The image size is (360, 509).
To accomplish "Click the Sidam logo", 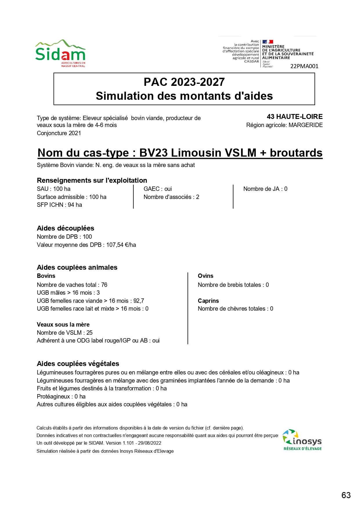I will (x=60, y=53).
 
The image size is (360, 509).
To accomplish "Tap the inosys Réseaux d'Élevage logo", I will (x=302, y=440).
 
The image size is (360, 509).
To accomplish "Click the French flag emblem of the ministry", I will (x=267, y=42).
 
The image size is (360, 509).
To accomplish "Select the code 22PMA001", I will (x=304, y=66).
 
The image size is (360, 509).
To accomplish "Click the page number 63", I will (x=346, y=495).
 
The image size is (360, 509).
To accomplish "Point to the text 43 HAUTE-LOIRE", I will (x=294, y=117).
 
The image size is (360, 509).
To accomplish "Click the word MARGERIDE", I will (x=305, y=125).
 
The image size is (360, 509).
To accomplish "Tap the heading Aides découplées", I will (x=66, y=228).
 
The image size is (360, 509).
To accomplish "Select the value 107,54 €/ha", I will (x=121, y=245).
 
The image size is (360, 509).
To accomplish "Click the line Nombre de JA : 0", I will (x=265, y=189).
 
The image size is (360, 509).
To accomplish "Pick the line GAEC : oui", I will (x=158, y=189).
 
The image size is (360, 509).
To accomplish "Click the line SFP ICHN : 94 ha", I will (x=59, y=205).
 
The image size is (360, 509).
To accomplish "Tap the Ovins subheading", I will (x=205, y=276).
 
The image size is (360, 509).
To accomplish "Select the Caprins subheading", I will (x=208, y=301).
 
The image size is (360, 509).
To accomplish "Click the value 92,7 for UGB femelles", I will (x=139, y=301).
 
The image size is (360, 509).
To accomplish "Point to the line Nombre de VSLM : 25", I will (x=65, y=333).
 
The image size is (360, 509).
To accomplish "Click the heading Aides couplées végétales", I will (x=78, y=364).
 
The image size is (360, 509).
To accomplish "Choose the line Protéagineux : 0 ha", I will (x=61, y=396).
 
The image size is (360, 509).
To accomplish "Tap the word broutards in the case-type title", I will (x=296, y=153).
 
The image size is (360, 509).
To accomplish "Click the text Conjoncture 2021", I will (x=59, y=133).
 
